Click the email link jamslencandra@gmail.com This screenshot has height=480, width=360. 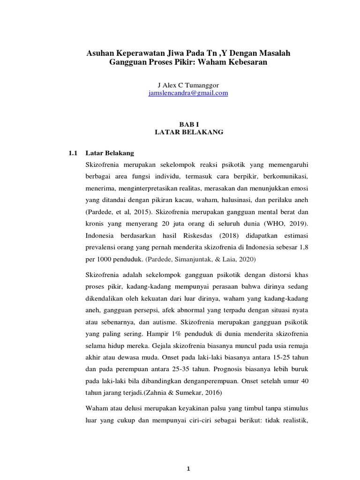187,93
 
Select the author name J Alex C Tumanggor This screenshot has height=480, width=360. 187,85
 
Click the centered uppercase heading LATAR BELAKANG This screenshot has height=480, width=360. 189,132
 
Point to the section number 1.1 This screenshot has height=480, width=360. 73,153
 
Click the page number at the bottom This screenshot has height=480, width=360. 188,469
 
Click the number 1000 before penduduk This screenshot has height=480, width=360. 106,258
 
